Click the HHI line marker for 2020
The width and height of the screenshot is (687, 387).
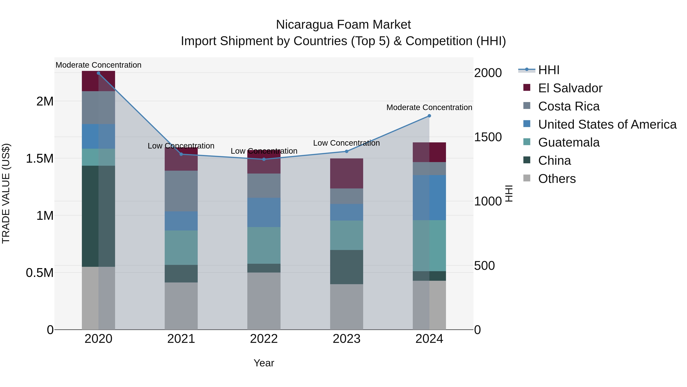[98, 73]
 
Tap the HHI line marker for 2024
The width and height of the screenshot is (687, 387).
[429, 116]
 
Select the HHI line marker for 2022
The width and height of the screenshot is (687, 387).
[264, 159]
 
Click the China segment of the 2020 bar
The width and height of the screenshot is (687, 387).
[98, 216]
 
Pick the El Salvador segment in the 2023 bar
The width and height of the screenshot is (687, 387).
[346, 174]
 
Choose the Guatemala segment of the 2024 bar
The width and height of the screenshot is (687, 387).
[429, 246]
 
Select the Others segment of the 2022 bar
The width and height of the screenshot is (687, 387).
[264, 301]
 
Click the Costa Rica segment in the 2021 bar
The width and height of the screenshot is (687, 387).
[181, 191]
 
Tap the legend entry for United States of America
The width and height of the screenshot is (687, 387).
[607, 124]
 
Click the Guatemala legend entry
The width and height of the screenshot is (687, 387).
[569, 142]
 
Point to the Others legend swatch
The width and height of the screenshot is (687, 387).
[527, 178]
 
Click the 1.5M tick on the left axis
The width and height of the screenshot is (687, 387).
[40, 159]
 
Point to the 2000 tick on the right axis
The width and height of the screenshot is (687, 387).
[488, 73]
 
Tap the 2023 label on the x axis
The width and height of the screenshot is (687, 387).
[346, 339]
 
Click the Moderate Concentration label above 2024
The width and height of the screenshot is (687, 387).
[429, 107]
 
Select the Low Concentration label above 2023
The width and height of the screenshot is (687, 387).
[346, 143]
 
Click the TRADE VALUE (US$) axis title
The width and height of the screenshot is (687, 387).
[6, 193]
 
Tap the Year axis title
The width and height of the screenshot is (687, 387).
[264, 363]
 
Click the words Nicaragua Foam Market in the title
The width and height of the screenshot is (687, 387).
[343, 25]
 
